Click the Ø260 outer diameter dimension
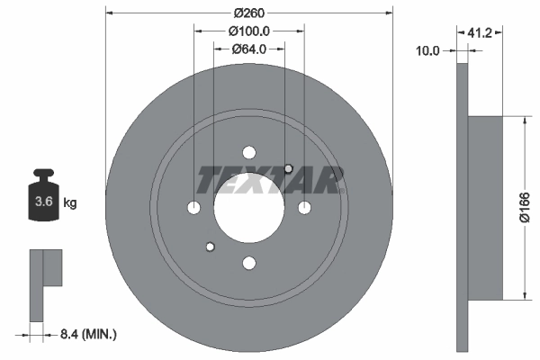coord(250,13)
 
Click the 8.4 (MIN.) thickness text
coord(86,335)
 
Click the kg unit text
coord(70,203)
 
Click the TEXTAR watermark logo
coord(271,179)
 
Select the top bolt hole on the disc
coord(249,153)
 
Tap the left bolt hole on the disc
coord(194,208)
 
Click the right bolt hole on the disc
coord(304,208)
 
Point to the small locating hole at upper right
coord(288,168)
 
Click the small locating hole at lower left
coord(211,247)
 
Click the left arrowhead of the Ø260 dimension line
coord(110,13)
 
